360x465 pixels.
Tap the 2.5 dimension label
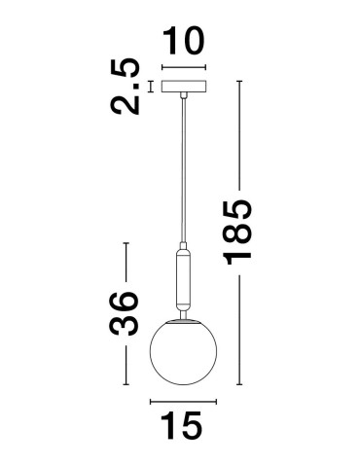[x=126, y=87]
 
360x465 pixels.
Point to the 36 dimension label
[x=121, y=311]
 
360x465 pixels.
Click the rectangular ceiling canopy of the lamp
[x=184, y=87]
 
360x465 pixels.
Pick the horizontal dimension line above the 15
[x=183, y=400]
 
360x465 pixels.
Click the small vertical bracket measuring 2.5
[x=151, y=87]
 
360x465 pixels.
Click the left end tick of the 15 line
[x=150, y=400]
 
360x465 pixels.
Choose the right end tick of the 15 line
[x=216, y=400]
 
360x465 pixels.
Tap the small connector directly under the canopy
[x=184, y=96]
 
